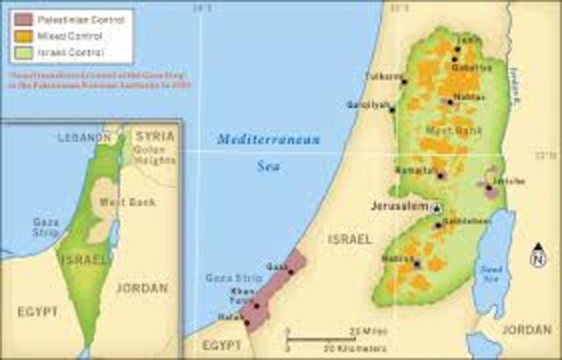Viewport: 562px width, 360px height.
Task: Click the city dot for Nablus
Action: [x=450, y=102]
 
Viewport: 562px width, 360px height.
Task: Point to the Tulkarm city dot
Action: [x=403, y=83]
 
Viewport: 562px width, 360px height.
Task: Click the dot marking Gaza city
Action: [x=290, y=273]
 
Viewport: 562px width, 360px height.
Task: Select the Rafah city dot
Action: [x=247, y=322]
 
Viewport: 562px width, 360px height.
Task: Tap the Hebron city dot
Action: [x=419, y=263]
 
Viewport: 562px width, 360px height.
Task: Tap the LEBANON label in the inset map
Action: [x=84, y=138]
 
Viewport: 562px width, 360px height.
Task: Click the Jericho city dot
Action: [x=488, y=188]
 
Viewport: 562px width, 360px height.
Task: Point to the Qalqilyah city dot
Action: [x=392, y=110]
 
